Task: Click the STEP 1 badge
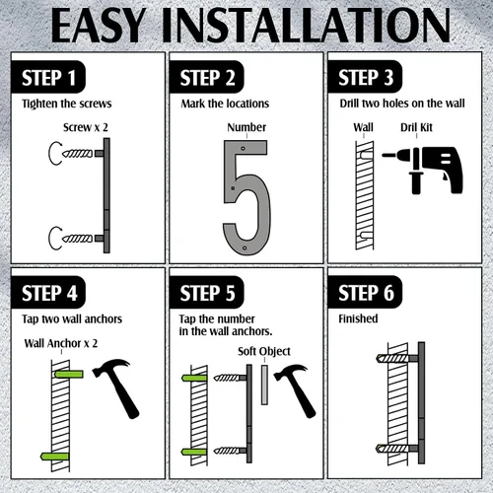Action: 48,77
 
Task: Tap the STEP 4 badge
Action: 48,293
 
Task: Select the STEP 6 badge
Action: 365,292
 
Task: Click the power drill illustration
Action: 423,170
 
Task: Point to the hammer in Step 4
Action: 116,387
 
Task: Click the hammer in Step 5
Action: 295,390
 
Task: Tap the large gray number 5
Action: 246,197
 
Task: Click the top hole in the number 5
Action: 243,148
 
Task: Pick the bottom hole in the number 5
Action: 245,248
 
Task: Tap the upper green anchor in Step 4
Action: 68,375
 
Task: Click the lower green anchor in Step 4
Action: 54,457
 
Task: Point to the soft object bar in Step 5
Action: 264,385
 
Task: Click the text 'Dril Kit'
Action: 416,127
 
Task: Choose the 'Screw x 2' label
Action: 86,127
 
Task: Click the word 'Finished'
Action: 358,318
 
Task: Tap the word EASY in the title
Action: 99,26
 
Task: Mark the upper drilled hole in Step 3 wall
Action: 367,155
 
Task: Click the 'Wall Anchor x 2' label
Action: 61,343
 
